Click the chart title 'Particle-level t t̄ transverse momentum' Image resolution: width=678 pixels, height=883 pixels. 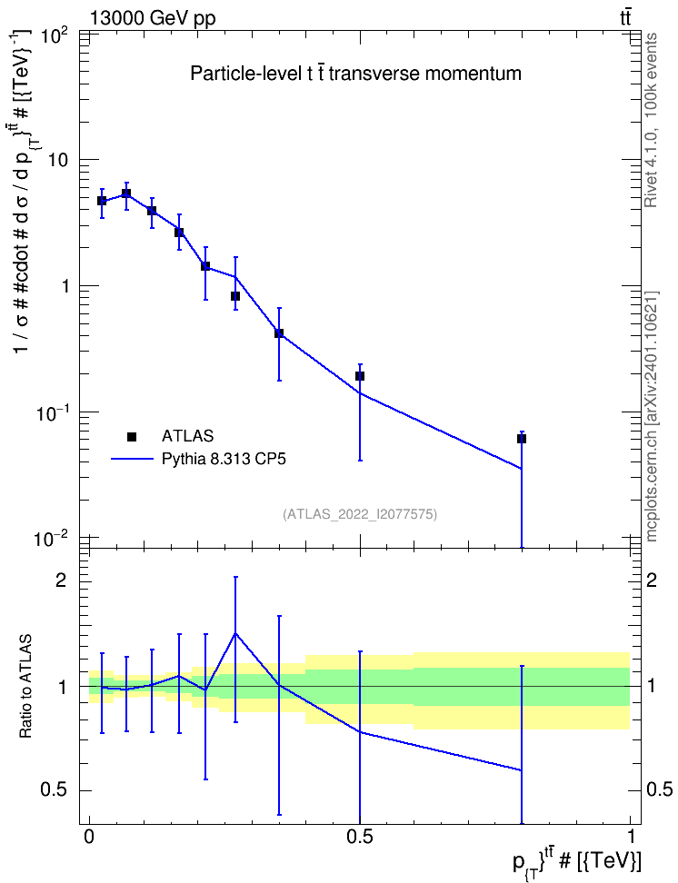(355, 74)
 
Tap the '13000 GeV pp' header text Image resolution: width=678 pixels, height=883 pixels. (152, 18)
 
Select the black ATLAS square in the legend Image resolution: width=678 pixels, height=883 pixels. (132, 436)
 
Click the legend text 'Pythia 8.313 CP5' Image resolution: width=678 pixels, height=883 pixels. (224, 459)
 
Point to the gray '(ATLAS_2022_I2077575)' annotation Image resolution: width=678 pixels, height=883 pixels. (360, 513)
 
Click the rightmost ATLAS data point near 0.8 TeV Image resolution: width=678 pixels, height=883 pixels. (522, 439)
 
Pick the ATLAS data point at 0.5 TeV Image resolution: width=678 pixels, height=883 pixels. (360, 375)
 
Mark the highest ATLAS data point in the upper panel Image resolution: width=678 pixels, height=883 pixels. (126, 193)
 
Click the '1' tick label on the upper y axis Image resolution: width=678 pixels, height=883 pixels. (65, 286)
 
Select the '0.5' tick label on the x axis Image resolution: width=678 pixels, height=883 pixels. (360, 836)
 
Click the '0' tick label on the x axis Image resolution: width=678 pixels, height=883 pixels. (89, 836)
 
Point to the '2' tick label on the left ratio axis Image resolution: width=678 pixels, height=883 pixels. (61, 580)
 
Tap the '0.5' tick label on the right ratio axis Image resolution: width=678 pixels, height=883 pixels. (659, 789)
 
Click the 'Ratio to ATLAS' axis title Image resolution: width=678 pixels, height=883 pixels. (26, 687)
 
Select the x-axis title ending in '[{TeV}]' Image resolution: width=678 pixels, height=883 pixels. (576, 862)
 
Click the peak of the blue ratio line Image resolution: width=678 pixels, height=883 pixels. (235, 633)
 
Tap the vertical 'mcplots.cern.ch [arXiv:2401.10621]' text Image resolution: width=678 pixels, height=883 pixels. (652, 417)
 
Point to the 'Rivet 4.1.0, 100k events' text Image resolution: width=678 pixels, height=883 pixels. (652, 120)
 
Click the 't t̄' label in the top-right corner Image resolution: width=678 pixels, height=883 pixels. (625, 17)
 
